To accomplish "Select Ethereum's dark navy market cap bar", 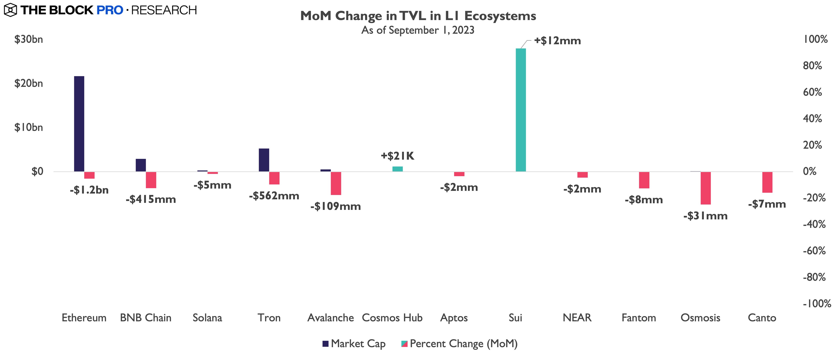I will pyautogui.click(x=79, y=124).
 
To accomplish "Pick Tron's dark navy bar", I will pyautogui.click(x=264, y=160).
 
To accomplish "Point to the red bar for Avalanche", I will pyautogui.click(x=336, y=183).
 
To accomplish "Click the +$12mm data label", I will pyautogui.click(x=557, y=41).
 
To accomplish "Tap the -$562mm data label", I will pyautogui.click(x=274, y=196).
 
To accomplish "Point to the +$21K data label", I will pyautogui.click(x=398, y=156).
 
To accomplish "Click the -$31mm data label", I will pyautogui.click(x=705, y=216).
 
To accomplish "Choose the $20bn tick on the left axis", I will pyautogui.click(x=29, y=84).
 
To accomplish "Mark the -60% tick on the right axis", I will pyautogui.click(x=814, y=251).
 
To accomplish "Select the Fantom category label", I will pyautogui.click(x=639, y=318).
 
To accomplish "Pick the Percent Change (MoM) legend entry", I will pyautogui.click(x=459, y=344).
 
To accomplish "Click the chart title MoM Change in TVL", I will pyautogui.click(x=418, y=16).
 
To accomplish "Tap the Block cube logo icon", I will pyautogui.click(x=10, y=10).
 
